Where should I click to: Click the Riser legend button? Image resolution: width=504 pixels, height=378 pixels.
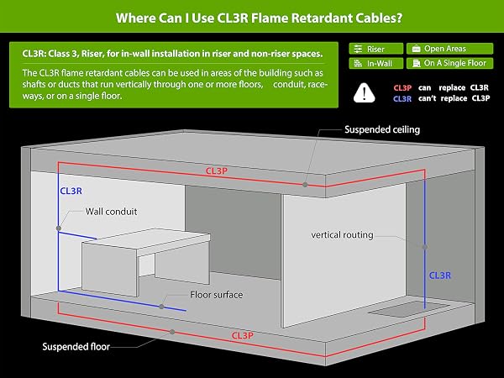tap(375, 49)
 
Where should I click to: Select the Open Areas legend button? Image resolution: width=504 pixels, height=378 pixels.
tap(449, 49)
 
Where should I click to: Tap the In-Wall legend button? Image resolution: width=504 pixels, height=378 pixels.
tap(375, 63)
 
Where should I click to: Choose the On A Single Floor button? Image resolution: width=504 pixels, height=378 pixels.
tap(449, 63)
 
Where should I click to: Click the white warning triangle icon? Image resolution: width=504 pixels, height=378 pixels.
tap(365, 93)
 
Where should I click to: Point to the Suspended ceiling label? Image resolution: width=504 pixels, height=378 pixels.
tap(382, 129)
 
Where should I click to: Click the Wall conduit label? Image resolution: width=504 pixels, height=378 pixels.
tap(111, 212)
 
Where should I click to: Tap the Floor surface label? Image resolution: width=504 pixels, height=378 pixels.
tap(217, 295)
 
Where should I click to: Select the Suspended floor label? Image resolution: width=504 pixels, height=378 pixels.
tap(76, 346)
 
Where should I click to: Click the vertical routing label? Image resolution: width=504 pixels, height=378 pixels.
tap(343, 235)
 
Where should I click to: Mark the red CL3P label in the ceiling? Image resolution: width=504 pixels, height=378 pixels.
tap(217, 171)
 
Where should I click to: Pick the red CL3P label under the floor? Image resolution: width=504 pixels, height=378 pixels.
tap(243, 336)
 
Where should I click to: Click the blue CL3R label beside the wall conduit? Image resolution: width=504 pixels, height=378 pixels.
tap(71, 192)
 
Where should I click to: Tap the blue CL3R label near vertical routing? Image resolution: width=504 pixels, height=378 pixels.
tap(440, 276)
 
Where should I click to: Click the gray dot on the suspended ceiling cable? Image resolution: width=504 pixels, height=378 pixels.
tap(305, 185)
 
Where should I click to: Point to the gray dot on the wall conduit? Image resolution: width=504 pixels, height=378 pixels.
tap(59, 228)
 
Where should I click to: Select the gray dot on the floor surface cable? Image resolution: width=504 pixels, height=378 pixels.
tap(161, 307)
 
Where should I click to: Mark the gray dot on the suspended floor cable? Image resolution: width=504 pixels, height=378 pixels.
tap(172, 332)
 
